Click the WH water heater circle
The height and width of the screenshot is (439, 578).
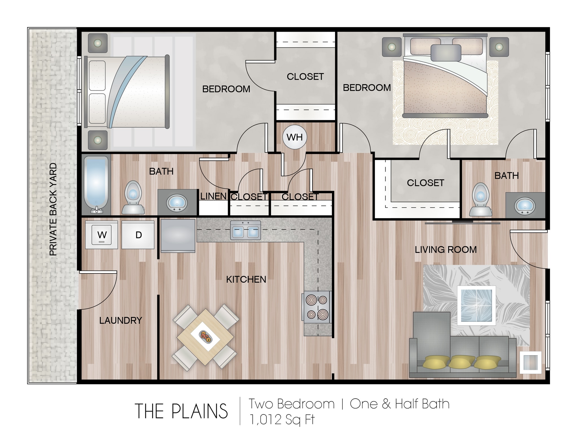294,137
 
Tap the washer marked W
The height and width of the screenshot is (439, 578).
102,235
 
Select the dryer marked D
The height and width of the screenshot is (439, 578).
138,235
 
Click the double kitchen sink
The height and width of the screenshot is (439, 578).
245,230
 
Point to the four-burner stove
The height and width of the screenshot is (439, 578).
317,307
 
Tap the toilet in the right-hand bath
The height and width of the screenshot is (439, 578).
480,199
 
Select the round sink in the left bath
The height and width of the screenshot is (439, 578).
177,203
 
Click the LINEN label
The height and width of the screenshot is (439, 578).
213,196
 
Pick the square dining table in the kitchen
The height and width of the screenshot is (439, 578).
205,337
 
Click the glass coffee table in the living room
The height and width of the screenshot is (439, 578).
476,306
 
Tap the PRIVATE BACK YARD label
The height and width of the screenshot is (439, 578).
53,209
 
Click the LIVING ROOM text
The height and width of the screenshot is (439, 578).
446,250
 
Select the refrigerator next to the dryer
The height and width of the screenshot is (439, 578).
178,236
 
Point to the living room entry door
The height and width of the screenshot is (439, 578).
528,249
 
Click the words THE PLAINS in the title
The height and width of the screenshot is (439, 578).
181,411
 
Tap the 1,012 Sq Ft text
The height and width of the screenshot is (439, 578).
282,419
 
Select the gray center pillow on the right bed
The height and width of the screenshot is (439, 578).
446,53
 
